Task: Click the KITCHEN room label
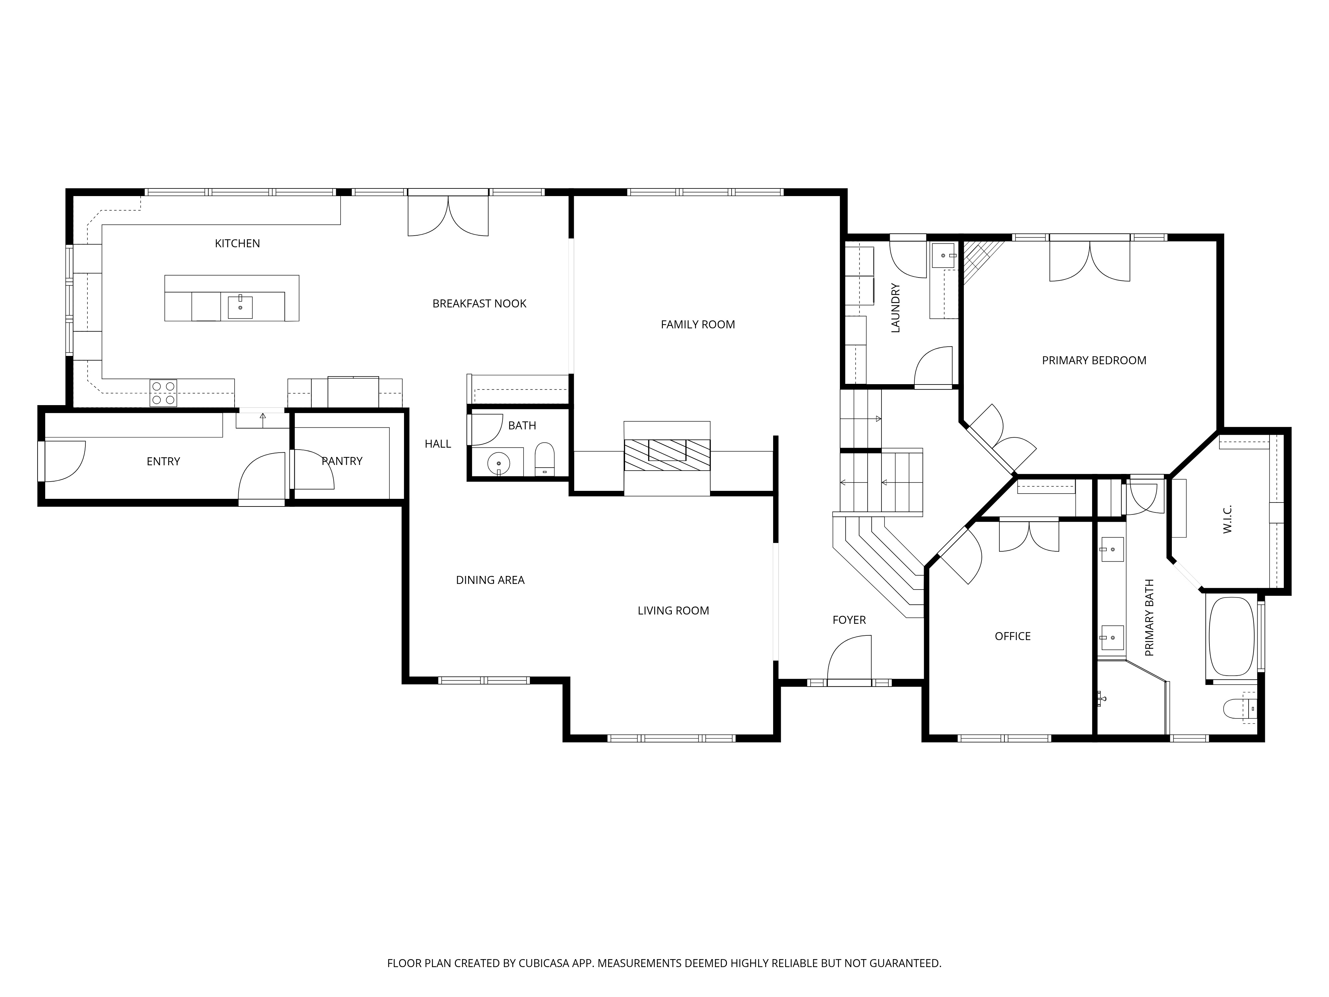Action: click(237, 243)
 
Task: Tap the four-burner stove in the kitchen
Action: click(163, 393)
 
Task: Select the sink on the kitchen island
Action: click(240, 307)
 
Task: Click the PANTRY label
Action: click(342, 461)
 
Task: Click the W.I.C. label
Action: click(1227, 519)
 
